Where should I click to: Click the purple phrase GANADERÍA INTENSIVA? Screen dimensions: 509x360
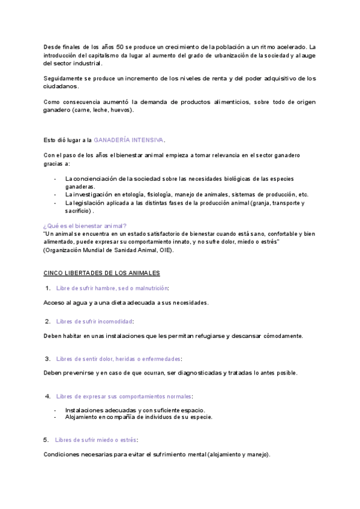point(128,140)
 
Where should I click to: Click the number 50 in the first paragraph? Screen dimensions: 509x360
point(120,47)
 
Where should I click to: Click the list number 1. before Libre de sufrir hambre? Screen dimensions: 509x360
point(47,289)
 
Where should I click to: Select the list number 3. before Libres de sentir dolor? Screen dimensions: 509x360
point(47,359)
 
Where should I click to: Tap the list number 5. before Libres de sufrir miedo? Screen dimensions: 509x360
point(46,440)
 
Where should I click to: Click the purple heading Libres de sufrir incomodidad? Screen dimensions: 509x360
point(94,321)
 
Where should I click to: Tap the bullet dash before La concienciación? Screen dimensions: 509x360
point(55,179)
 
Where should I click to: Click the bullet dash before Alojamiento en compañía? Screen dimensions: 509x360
point(55,417)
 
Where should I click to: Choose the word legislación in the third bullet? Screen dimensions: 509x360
point(90,203)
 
